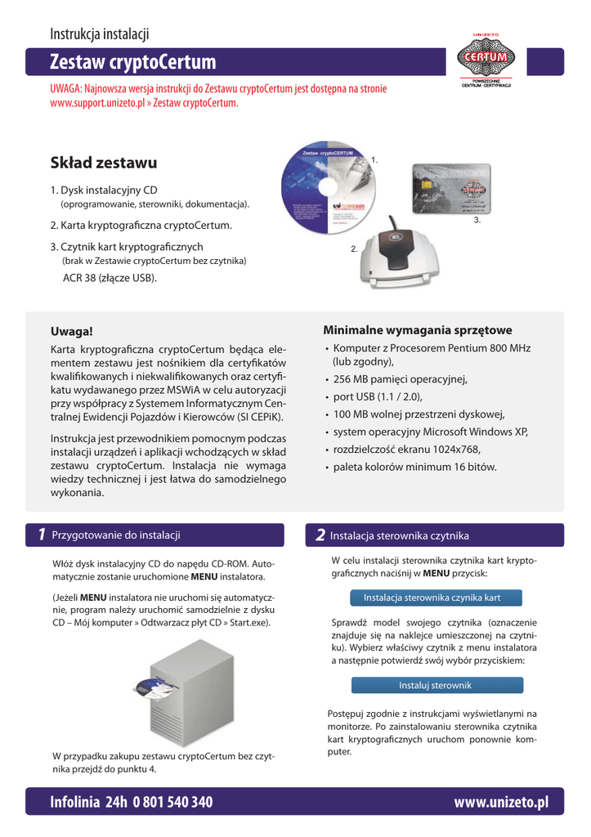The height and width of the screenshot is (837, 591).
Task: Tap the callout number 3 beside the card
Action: (x=477, y=221)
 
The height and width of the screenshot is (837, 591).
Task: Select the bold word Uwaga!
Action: (x=73, y=333)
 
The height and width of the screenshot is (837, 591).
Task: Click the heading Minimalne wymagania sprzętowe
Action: (x=418, y=330)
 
